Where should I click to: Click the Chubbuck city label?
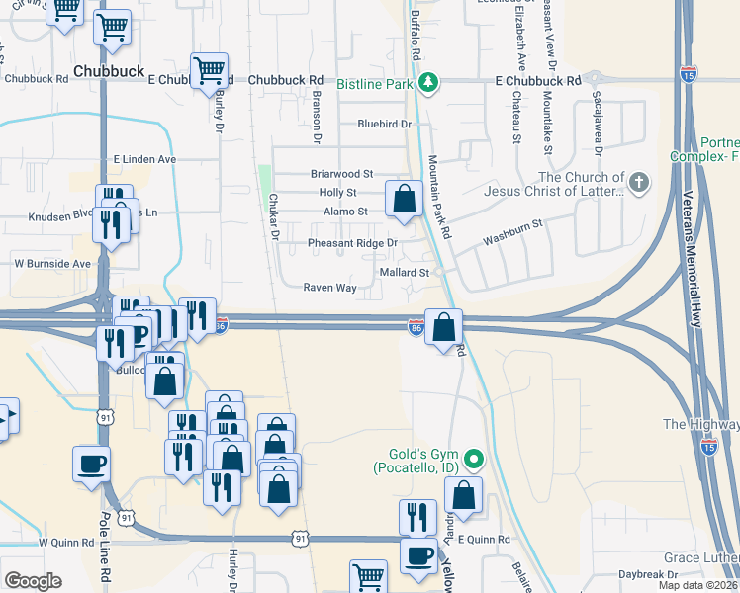coord(109,71)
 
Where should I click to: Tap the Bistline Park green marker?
coord(428,83)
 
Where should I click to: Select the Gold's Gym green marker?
coord(475,459)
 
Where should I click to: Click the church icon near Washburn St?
coord(639,182)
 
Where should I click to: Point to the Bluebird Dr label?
coord(385,124)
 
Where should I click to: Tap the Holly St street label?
coord(337,193)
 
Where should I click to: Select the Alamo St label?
coord(345,212)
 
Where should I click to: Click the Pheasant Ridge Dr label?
coord(352,243)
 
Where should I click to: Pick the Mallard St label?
coord(404,272)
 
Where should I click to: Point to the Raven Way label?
coord(329,288)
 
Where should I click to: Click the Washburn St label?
coord(513,233)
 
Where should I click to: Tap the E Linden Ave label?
coord(144,158)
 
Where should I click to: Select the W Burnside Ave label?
coord(51,264)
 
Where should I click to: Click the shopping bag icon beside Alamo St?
coord(404,199)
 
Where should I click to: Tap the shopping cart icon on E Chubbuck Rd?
coord(209,70)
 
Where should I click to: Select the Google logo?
coord(34,580)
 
